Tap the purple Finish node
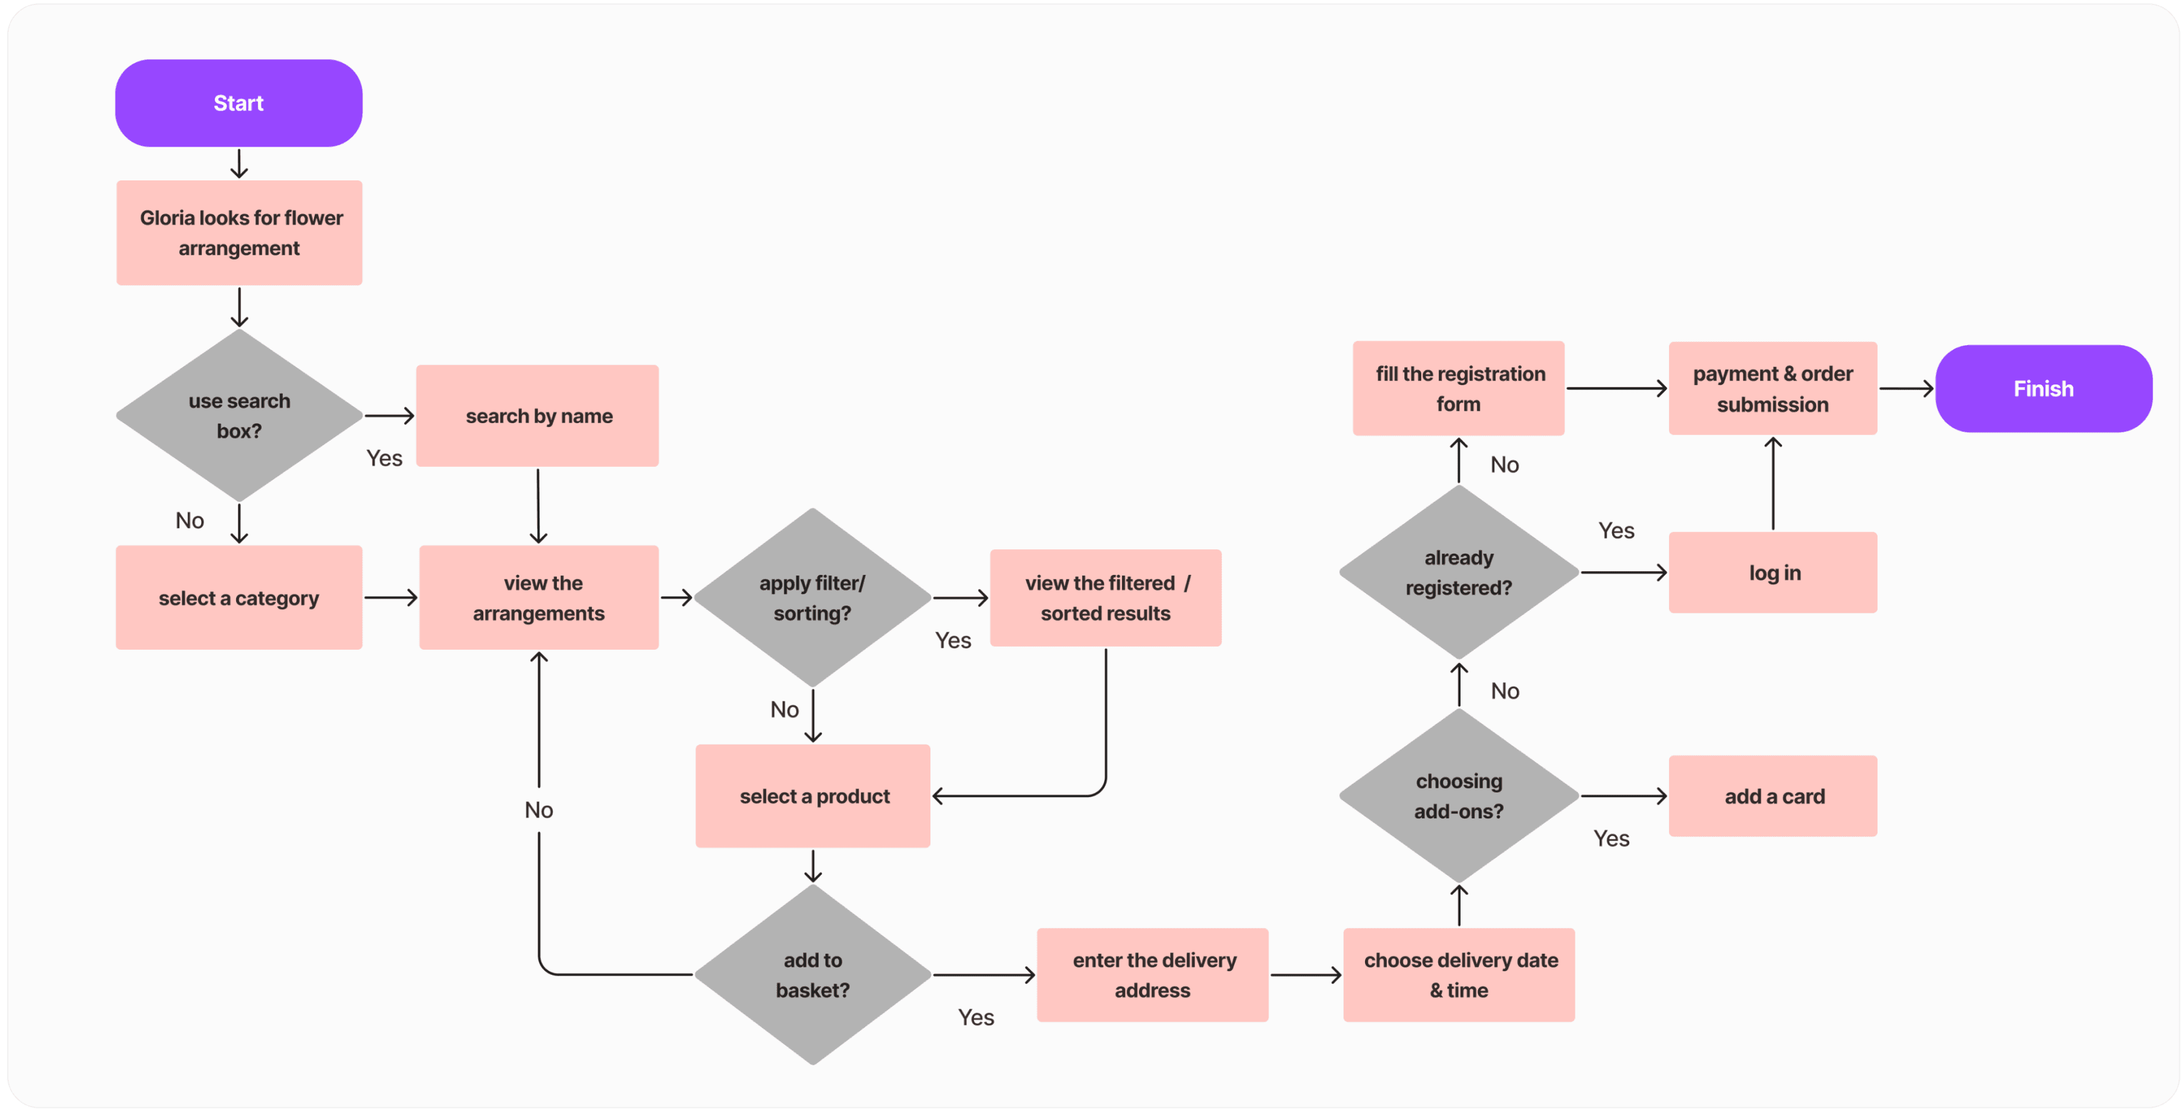(x=2043, y=389)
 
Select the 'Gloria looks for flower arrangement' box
(x=239, y=233)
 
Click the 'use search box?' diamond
(x=239, y=415)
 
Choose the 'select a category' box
(x=239, y=598)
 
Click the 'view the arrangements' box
(x=539, y=598)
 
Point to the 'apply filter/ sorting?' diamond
(x=812, y=598)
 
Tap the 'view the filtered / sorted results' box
(x=1105, y=598)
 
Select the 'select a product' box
(x=813, y=796)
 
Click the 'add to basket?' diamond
(x=812, y=974)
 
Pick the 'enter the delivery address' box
(x=1153, y=974)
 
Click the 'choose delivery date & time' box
(x=1459, y=974)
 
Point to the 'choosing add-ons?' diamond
(x=1459, y=796)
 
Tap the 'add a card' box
(x=1773, y=796)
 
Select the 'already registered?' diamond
(x=1459, y=573)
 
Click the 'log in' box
(x=1773, y=573)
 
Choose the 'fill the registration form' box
(x=1459, y=389)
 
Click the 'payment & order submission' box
(x=1773, y=389)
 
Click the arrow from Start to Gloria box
(x=239, y=164)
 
